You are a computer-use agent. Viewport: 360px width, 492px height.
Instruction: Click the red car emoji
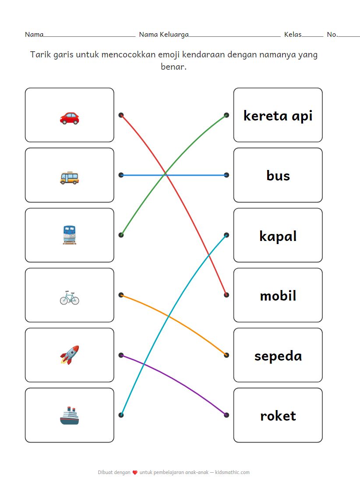[70, 117]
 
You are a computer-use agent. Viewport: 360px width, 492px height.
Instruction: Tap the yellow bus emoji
[70, 177]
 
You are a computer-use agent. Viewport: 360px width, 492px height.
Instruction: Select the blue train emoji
[70, 235]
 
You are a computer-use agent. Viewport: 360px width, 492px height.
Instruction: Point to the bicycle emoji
[70, 297]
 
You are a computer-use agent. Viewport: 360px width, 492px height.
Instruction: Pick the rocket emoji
[70, 355]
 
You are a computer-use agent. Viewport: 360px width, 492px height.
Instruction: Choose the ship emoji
[70, 415]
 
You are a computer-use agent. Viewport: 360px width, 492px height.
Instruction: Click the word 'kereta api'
[278, 116]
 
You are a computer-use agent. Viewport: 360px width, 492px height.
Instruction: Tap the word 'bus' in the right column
[278, 176]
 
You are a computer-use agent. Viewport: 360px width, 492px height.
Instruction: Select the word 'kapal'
[278, 236]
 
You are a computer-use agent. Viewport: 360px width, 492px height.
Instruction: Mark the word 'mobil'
[278, 296]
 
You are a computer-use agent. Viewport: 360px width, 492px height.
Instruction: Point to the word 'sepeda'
[278, 356]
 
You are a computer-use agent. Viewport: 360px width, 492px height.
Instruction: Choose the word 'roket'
[278, 416]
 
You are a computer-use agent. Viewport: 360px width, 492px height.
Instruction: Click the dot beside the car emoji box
[121, 115]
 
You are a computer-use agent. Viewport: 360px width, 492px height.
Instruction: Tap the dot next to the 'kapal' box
[226, 235]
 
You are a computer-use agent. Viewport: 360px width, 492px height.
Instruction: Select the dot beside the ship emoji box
[121, 415]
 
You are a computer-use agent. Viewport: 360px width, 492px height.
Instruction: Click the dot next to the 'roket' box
[226, 415]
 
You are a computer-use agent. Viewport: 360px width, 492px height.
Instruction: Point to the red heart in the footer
[135, 473]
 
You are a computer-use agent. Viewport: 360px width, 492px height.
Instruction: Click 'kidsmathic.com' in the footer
[233, 472]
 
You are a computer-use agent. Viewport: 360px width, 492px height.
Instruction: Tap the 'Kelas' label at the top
[293, 34]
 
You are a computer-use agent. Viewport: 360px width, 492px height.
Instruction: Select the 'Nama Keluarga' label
[164, 34]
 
